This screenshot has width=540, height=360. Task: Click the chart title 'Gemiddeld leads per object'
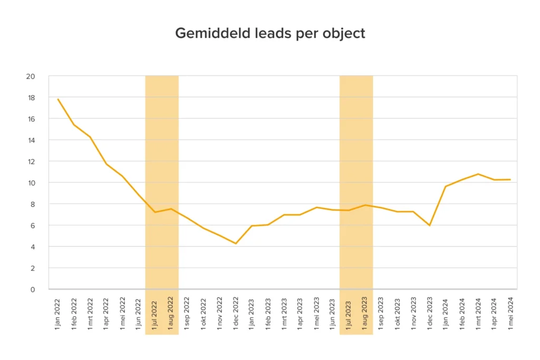tap(269, 33)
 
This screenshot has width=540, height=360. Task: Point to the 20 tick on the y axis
tap(31, 76)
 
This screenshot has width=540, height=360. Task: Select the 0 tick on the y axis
tap(33, 289)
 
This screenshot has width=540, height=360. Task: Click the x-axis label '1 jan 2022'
tap(58, 313)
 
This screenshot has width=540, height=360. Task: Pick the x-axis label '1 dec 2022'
tap(236, 313)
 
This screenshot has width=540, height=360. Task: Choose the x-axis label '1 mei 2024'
tap(510, 313)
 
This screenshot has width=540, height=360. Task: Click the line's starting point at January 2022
tap(58, 99)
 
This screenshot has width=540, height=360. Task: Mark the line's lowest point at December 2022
tap(236, 244)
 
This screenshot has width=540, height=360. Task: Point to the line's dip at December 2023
tap(430, 226)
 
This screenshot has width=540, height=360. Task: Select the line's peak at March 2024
tap(478, 174)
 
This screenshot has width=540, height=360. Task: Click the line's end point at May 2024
tap(510, 180)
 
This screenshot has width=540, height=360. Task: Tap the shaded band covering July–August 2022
tap(162, 158)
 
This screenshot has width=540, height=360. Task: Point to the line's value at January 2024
tap(446, 187)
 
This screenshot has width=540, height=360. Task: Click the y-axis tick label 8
tap(33, 204)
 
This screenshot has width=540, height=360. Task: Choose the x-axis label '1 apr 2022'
tap(107, 313)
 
